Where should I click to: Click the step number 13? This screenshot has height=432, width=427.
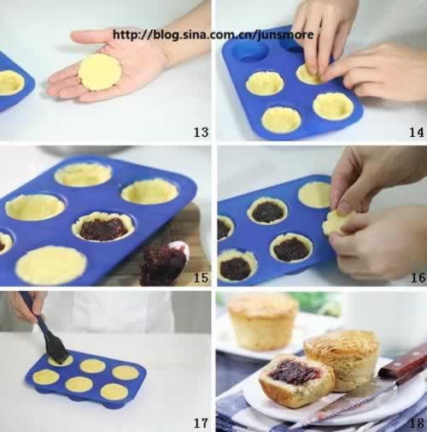point(201,132)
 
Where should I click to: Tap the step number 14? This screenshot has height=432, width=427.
point(417,132)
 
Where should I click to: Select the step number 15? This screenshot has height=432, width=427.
point(201,278)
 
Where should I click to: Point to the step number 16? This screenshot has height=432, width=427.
point(418,278)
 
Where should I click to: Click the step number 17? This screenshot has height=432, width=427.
point(201,423)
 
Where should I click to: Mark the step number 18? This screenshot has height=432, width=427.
point(417,423)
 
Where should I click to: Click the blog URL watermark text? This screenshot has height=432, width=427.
point(213,35)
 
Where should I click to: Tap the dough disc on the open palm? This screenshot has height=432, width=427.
point(100,72)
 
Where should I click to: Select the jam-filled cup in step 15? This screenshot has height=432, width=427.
point(103,227)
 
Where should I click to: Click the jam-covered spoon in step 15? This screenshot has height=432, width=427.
point(165,263)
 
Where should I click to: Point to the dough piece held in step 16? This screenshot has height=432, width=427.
point(336,224)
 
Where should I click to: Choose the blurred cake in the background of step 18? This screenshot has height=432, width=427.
point(262,323)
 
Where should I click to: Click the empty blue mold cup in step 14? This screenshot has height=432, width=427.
point(250,52)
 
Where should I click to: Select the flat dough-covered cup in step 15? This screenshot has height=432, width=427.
point(51,266)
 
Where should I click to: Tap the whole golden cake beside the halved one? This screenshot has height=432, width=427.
point(342,360)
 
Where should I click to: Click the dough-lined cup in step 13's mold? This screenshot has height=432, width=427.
point(11,82)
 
